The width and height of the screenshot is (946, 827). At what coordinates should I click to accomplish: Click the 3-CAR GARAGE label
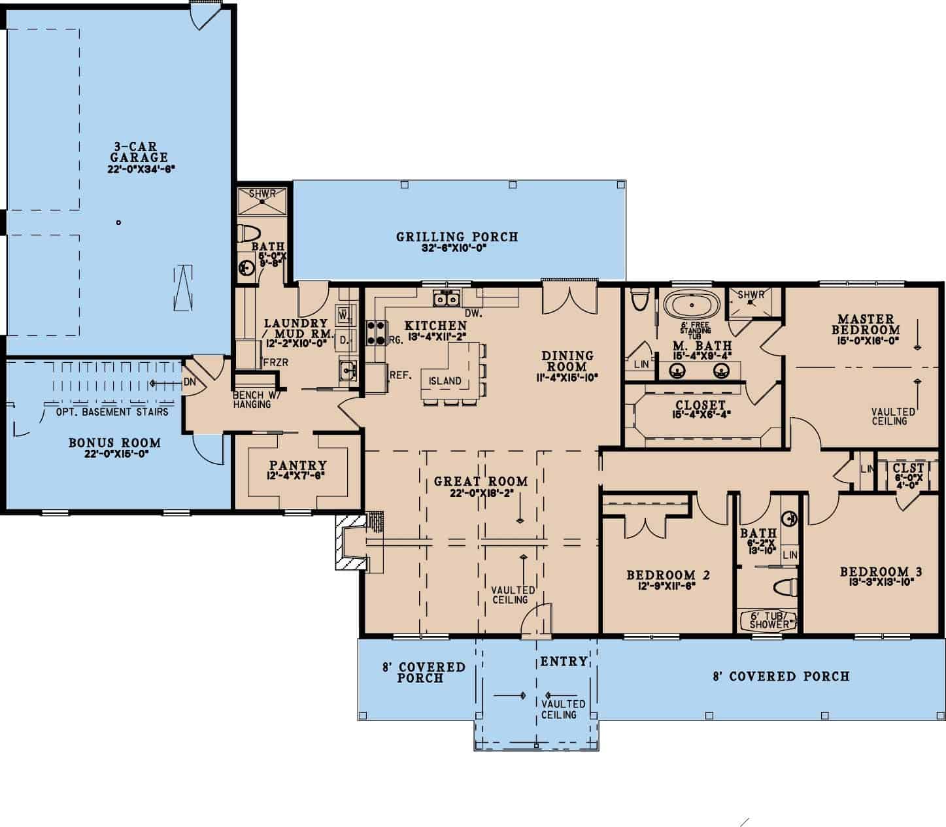tap(139, 153)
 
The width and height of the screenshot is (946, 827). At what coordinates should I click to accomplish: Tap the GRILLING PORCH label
tap(457, 237)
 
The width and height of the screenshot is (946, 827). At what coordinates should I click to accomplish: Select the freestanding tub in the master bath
tap(692, 305)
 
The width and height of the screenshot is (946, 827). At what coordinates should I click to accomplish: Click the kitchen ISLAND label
tap(445, 380)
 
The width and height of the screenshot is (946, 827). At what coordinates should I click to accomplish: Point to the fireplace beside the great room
tap(350, 541)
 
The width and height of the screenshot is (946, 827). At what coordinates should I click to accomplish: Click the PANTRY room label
tap(298, 465)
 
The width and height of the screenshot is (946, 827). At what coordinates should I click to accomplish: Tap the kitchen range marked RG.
tap(375, 332)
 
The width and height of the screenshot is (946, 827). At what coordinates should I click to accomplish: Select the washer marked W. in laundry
tap(343, 315)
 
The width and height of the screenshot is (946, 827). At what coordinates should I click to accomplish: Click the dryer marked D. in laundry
tap(343, 339)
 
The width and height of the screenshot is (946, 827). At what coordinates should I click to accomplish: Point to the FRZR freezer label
tap(271, 362)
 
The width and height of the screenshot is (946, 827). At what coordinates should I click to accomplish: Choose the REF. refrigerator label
tap(399, 375)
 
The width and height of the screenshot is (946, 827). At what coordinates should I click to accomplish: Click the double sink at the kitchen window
tap(447, 299)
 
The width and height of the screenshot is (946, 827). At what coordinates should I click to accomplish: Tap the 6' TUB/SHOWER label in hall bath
tap(769, 620)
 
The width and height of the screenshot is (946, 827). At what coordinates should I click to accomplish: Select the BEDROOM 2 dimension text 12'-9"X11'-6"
tap(667, 586)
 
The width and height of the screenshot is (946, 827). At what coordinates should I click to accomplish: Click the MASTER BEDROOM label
tap(865, 325)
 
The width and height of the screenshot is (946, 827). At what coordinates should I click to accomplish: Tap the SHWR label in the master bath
tap(751, 295)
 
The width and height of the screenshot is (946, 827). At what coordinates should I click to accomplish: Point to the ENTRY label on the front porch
tap(563, 662)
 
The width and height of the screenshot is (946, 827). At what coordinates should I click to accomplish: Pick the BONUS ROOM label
tap(114, 443)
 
